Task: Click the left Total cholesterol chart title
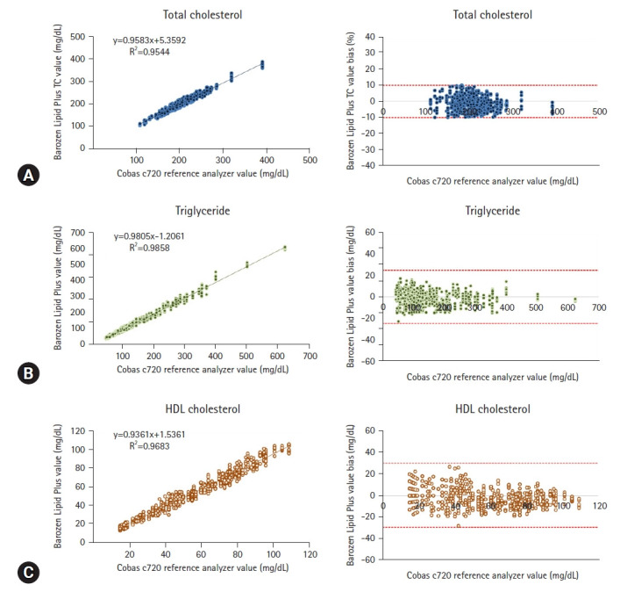[x=185, y=15]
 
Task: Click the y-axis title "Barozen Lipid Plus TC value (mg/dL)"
[x=58, y=91]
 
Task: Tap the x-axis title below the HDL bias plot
[x=494, y=574]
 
